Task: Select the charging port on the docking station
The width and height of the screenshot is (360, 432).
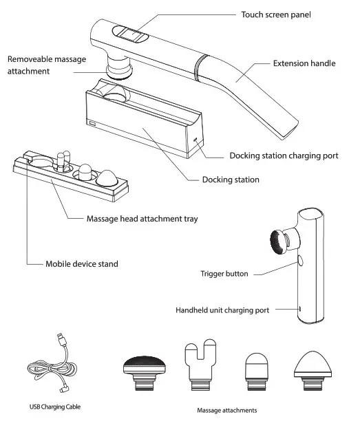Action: coord(196,140)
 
